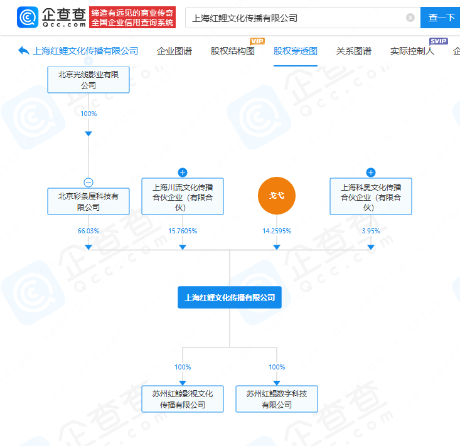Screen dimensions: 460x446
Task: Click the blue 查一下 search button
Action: pyautogui.click(x=440, y=18)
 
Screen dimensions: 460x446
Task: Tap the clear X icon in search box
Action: pyautogui.click(x=410, y=18)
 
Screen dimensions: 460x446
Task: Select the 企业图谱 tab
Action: pyautogui.click(x=174, y=51)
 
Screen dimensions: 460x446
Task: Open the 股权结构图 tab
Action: pyautogui.click(x=233, y=51)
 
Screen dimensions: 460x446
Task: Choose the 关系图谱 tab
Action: pyautogui.click(x=353, y=51)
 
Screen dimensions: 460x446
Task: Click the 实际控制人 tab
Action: pyautogui.click(x=412, y=51)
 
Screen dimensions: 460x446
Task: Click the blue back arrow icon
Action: pyautogui.click(x=24, y=51)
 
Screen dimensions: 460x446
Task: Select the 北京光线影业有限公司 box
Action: pyautogui.click(x=88, y=80)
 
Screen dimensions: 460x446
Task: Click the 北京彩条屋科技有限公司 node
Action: pyautogui.click(x=88, y=201)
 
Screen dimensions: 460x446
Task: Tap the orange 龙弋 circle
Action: pyautogui.click(x=277, y=196)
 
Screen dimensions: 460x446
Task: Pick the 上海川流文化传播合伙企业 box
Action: pyautogui.click(x=183, y=196)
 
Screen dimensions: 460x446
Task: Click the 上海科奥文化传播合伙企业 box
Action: pyautogui.click(x=371, y=196)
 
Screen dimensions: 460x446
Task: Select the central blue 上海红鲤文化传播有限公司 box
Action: pyautogui.click(x=230, y=297)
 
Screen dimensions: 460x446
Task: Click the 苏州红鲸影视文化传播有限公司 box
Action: pyautogui.click(x=183, y=399)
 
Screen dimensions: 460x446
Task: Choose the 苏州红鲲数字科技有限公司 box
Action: pyautogui.click(x=277, y=399)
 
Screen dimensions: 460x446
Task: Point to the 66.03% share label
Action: pyautogui.click(x=88, y=231)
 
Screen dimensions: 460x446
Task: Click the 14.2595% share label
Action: pyautogui.click(x=277, y=231)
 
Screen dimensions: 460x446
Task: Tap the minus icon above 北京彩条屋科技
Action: pyautogui.click(x=88, y=183)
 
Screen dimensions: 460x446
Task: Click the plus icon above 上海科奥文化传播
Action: pyautogui.click(x=371, y=173)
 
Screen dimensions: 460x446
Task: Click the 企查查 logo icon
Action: pyautogui.click(x=28, y=18)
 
